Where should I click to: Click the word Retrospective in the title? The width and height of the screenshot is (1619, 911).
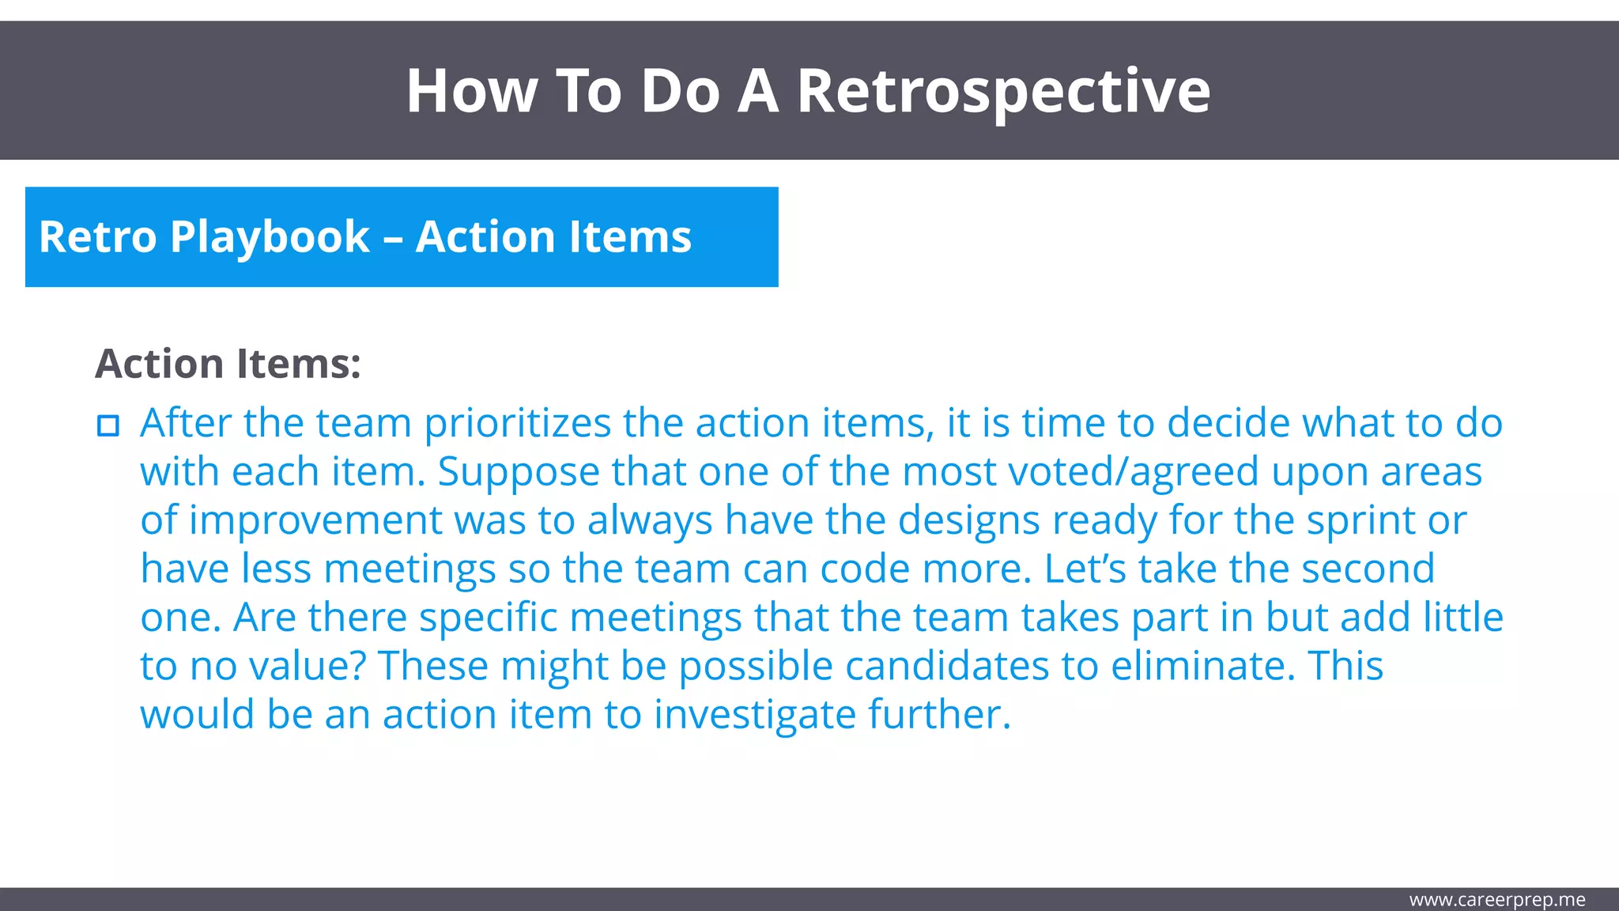coord(1002,92)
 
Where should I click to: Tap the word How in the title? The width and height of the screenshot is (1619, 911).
coord(471,92)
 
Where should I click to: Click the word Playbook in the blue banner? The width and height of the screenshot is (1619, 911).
coord(270,237)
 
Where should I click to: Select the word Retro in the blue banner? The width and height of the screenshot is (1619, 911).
coord(97,237)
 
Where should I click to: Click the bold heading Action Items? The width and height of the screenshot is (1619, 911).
coord(228,365)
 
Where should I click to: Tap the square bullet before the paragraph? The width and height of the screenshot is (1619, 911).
coord(108,425)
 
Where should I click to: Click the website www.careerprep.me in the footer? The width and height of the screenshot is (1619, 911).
coord(1496,900)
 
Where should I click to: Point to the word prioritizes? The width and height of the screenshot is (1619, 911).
coord(517,424)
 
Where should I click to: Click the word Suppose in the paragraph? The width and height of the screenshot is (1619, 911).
coord(518,473)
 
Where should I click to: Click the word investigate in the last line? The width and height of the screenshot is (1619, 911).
coord(754,715)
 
